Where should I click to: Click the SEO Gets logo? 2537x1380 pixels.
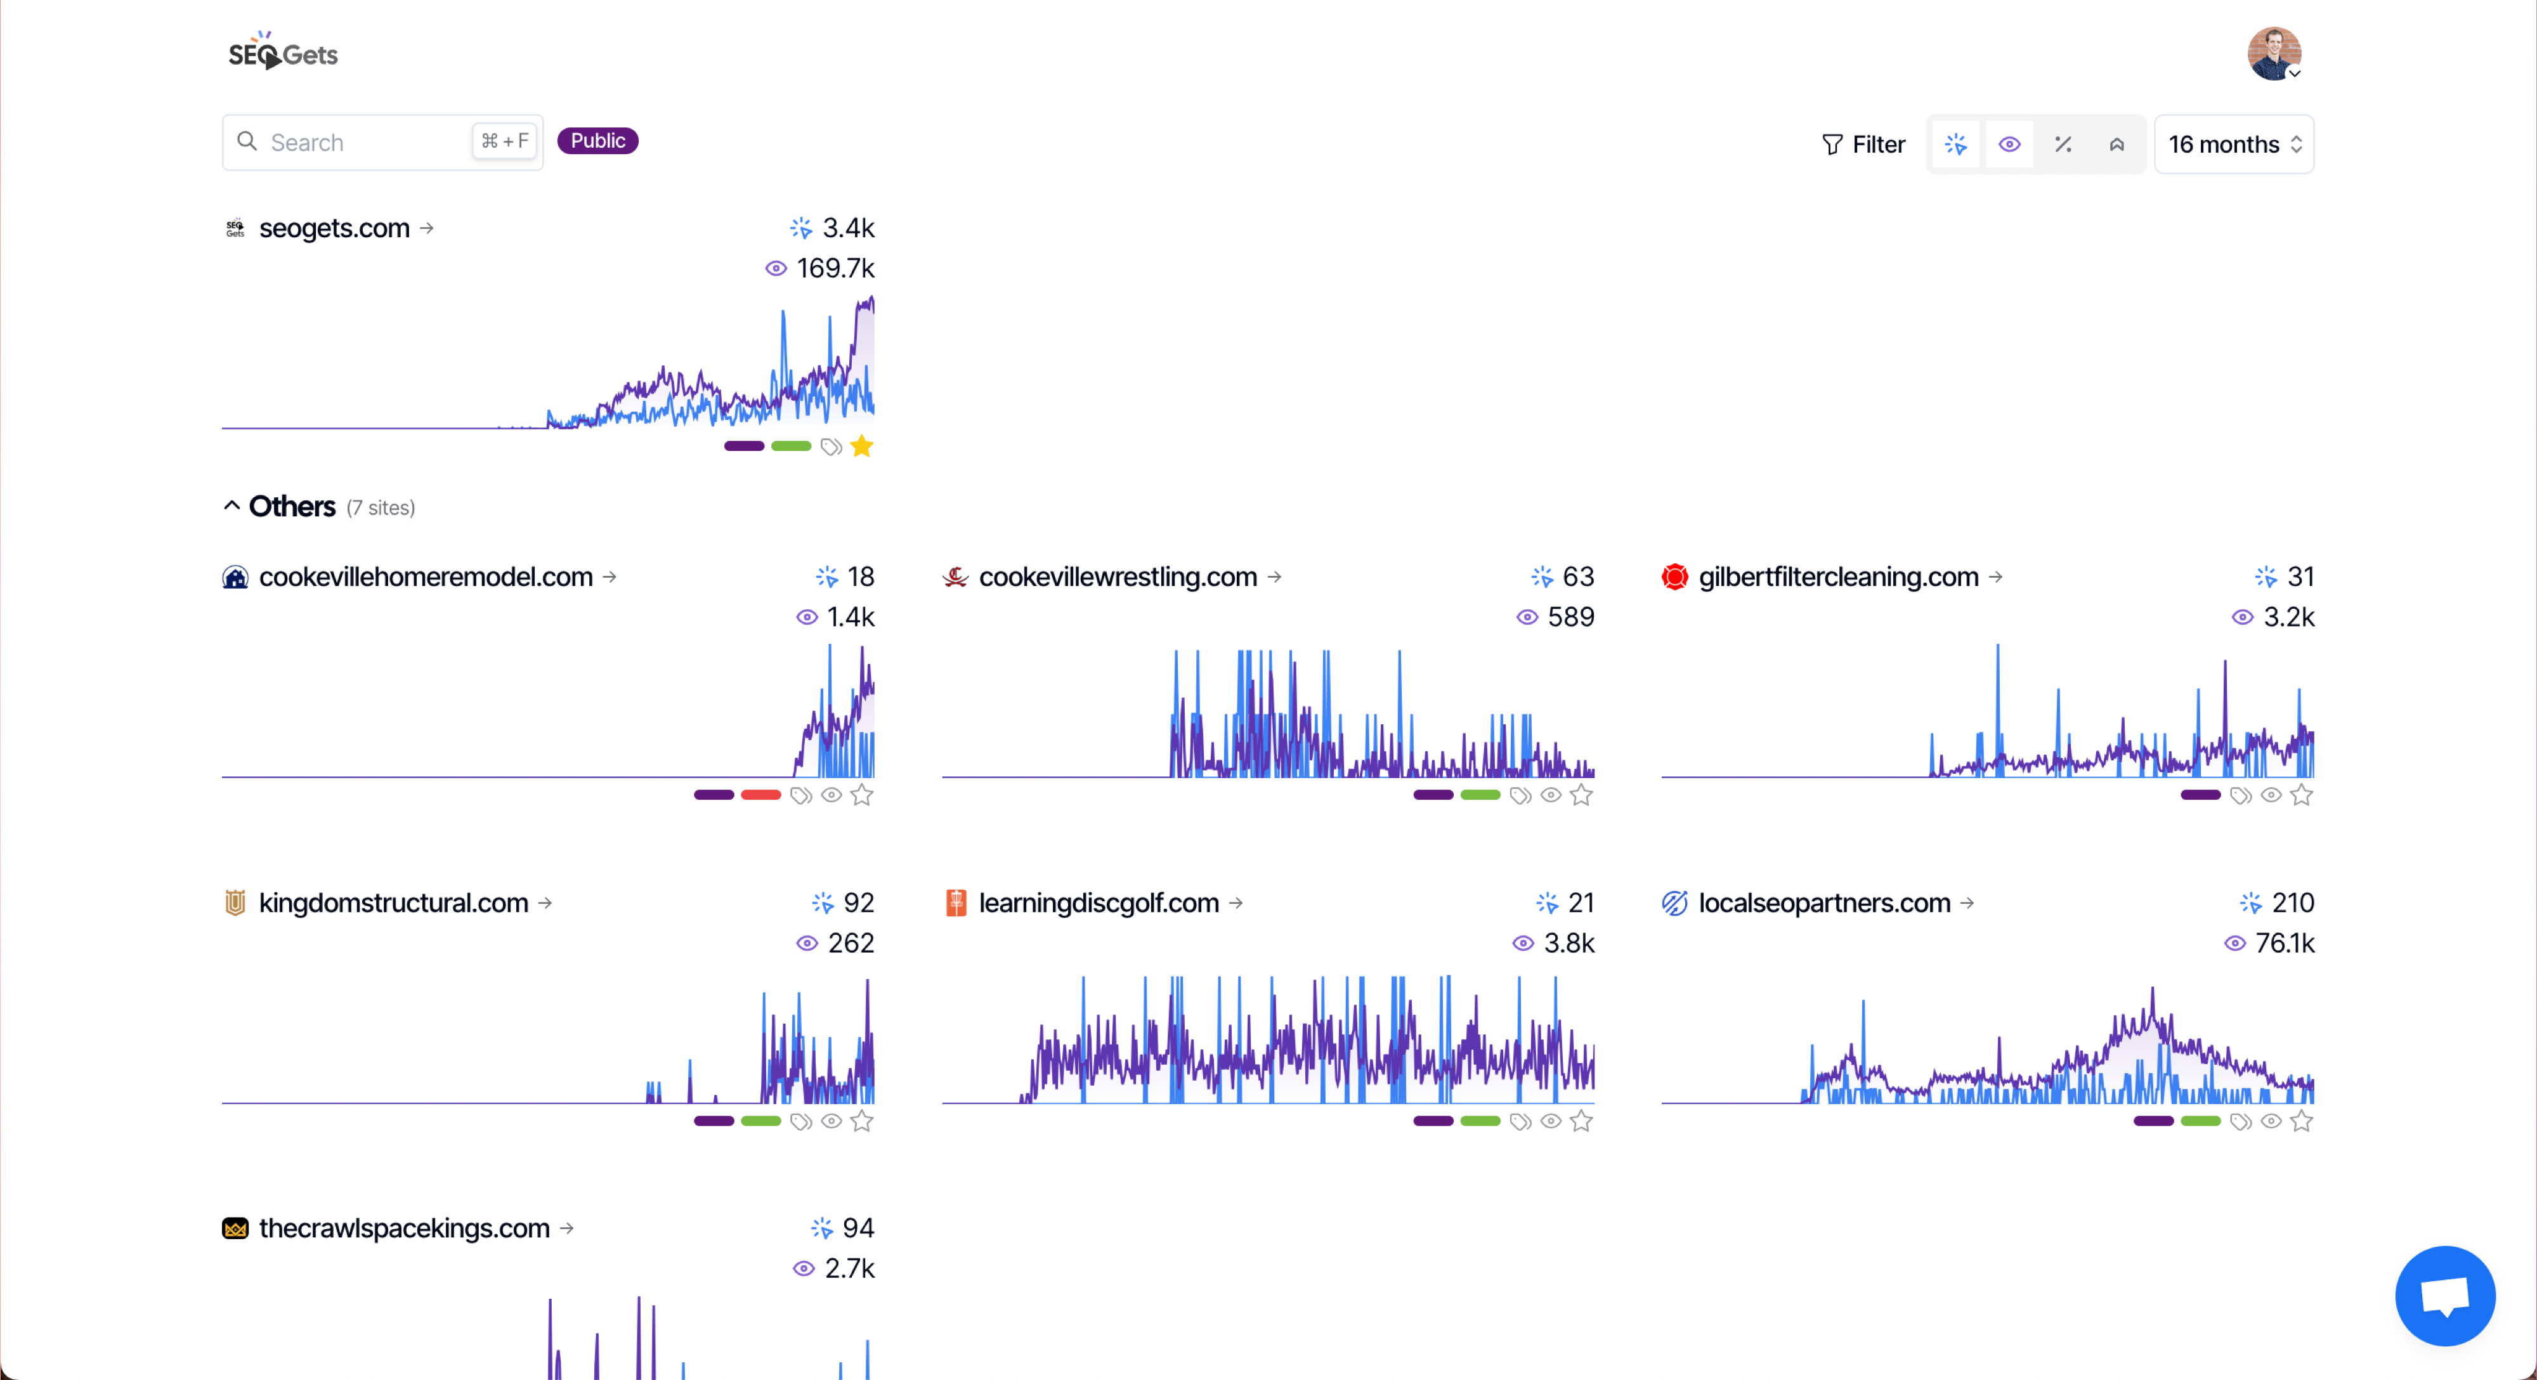(283, 53)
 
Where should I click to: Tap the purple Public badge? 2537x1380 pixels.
(598, 141)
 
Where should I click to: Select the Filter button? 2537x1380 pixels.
(1863, 145)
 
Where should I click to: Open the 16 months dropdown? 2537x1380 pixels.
(2234, 145)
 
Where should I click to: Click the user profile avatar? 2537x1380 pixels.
(2273, 53)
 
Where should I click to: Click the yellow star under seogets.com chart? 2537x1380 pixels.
(862, 446)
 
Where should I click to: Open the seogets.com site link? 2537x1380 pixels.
(334, 228)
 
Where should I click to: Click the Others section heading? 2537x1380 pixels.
(292, 506)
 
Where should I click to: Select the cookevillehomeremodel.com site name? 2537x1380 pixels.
(426, 577)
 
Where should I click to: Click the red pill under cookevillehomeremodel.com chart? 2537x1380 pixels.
(760, 795)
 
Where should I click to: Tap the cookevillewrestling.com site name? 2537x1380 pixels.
(1118, 577)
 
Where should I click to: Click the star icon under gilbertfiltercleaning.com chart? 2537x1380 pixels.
(2302, 795)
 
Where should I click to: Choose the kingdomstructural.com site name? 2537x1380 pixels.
(393, 903)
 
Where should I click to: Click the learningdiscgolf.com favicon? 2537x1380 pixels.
(955, 903)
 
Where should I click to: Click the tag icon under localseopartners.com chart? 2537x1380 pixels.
(2241, 1122)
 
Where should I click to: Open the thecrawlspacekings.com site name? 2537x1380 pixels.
(404, 1228)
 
